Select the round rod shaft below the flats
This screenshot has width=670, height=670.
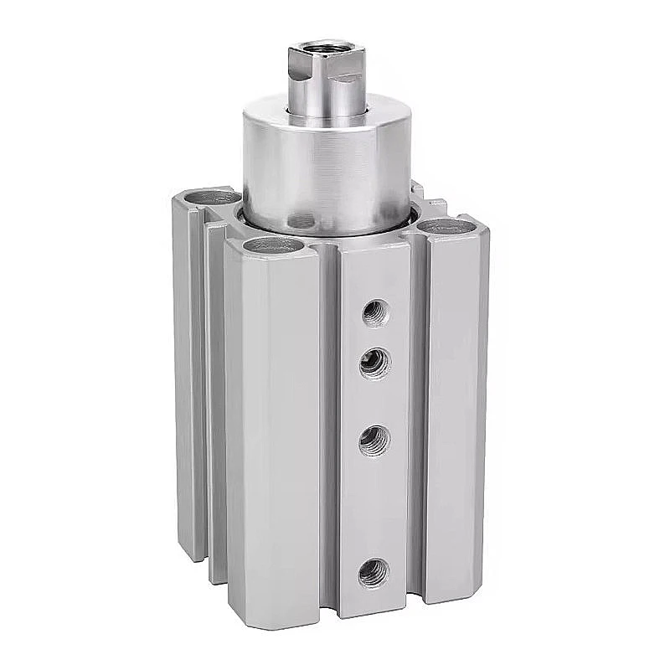pyautogui.click(x=327, y=103)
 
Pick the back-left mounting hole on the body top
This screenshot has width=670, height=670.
pyautogui.click(x=208, y=198)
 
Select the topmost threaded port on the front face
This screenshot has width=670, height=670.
pyautogui.click(x=374, y=313)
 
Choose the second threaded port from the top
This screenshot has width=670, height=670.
pyautogui.click(x=374, y=363)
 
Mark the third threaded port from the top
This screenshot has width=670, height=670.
pyautogui.click(x=374, y=439)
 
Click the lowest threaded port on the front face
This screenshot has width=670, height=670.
pyautogui.click(x=374, y=573)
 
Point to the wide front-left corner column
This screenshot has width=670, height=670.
pyautogui.click(x=272, y=419)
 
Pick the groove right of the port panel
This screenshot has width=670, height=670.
pyautogui.click(x=418, y=419)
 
